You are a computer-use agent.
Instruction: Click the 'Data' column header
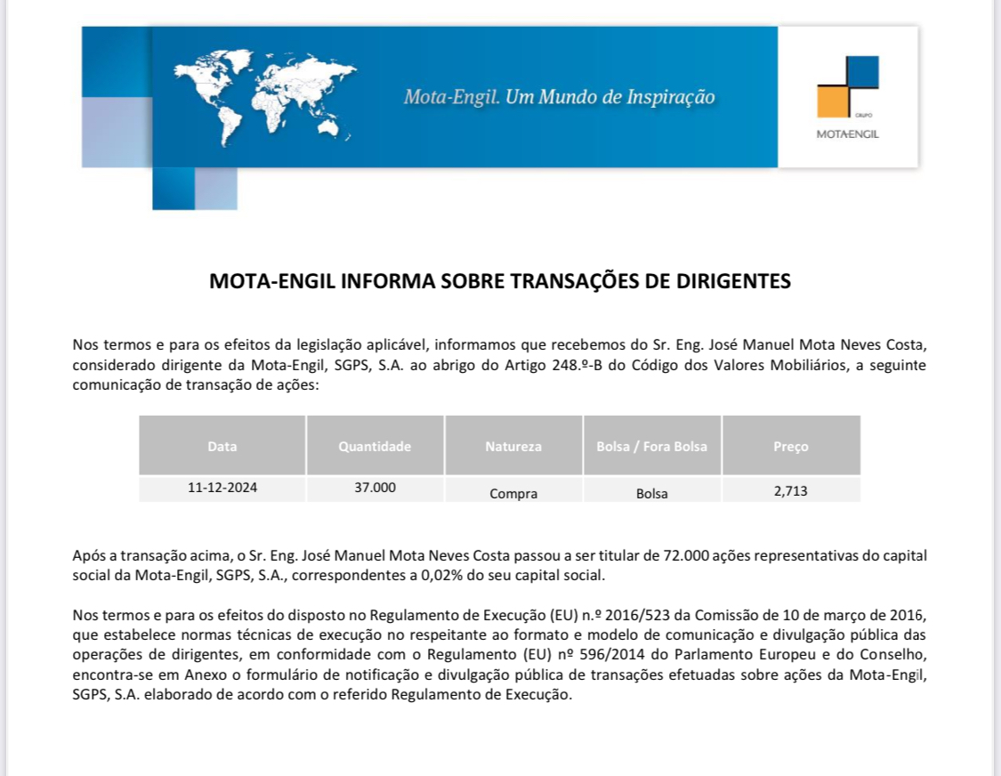point(222,447)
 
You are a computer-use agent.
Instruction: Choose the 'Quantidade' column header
point(375,447)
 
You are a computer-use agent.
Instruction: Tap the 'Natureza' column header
point(513,447)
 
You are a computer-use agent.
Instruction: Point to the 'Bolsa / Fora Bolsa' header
point(652,447)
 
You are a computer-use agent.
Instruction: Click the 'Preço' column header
point(791,447)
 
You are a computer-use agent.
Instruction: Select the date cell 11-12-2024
point(222,488)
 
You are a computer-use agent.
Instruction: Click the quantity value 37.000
point(375,488)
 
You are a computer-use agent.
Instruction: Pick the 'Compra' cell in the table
point(513,493)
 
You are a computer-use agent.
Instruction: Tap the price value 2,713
point(791,489)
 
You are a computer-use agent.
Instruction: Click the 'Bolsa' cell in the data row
point(652,493)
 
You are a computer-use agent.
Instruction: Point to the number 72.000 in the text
point(685,555)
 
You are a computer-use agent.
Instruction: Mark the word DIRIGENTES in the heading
point(731,282)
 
